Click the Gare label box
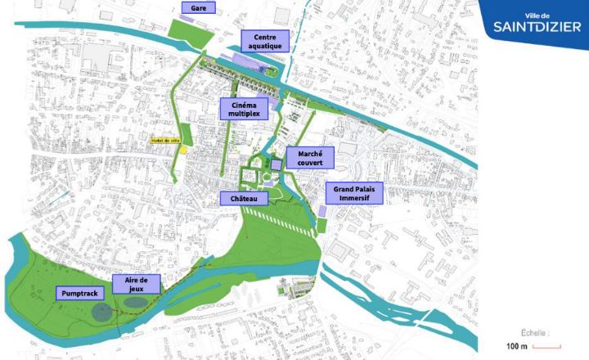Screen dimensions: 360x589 (x=198, y=8)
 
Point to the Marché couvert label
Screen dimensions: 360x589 (x=310, y=158)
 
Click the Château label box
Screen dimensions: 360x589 (x=242, y=199)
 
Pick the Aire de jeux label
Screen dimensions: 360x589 (x=136, y=284)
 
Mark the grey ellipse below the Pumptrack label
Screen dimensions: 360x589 (x=101, y=311)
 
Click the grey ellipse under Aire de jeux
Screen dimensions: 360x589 (x=136, y=303)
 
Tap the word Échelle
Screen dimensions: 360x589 (x=536, y=332)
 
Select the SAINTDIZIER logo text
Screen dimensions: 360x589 (x=533, y=29)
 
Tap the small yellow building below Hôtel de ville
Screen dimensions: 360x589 (x=184, y=151)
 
